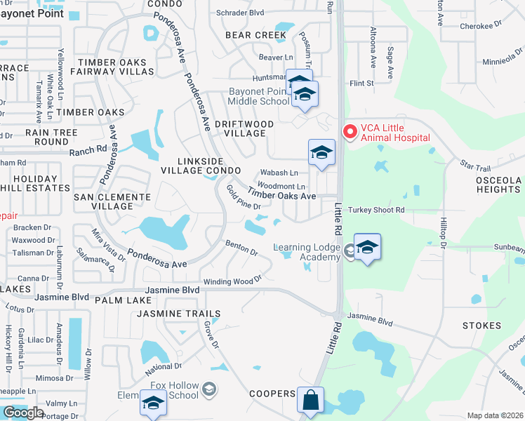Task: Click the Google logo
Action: [x=23, y=413]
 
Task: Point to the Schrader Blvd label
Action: [x=240, y=13]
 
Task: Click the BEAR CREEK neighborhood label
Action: [x=251, y=34]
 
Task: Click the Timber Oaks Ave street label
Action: [x=281, y=196]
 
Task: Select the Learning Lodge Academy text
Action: [x=307, y=252]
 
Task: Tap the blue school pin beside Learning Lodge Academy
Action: [x=367, y=248]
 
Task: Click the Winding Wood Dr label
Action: [x=232, y=281]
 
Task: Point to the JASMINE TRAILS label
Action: [x=179, y=314]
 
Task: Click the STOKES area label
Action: [x=481, y=326]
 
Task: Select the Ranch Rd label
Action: [x=87, y=150]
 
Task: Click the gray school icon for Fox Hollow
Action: [x=209, y=388]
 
